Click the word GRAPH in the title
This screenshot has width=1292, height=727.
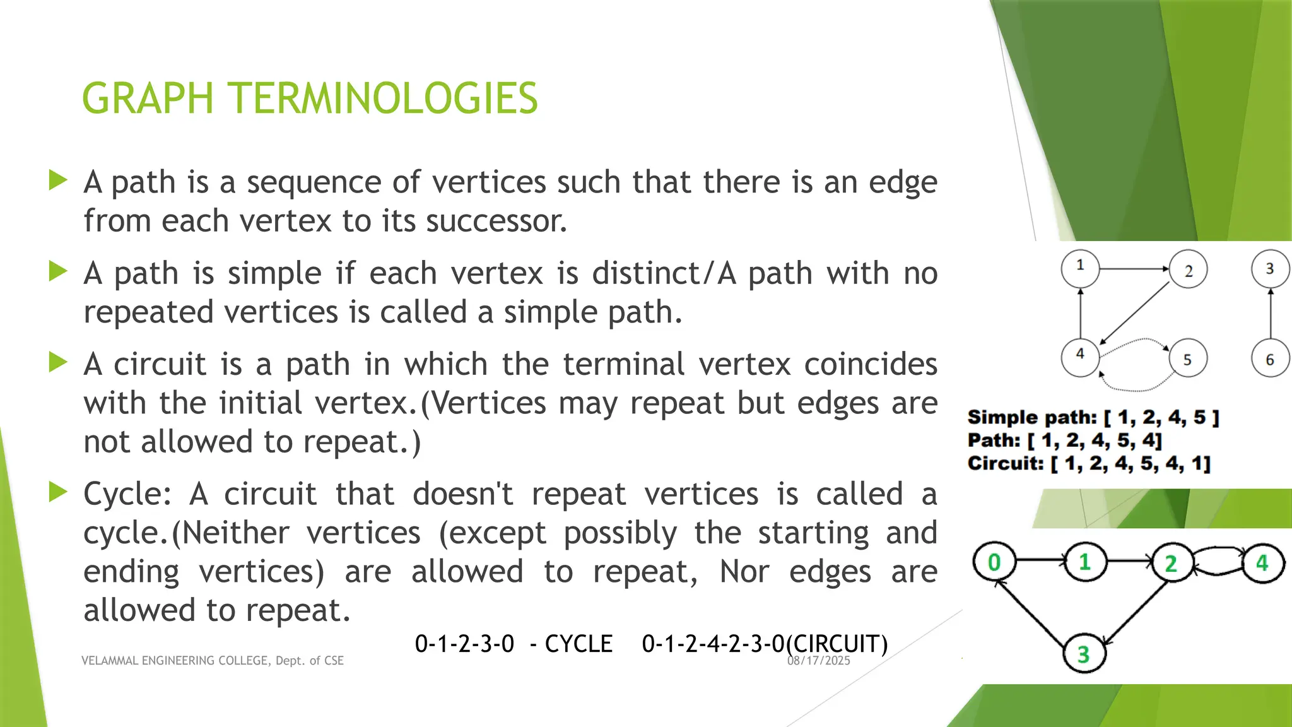(148, 98)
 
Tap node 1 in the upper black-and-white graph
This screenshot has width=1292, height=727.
(1080, 268)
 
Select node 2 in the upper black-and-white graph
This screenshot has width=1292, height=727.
(1188, 269)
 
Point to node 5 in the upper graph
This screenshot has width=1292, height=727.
(1187, 358)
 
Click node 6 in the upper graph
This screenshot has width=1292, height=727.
(1269, 358)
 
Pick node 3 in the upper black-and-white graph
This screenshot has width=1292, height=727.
(1269, 269)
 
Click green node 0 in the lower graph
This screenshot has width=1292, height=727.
(994, 562)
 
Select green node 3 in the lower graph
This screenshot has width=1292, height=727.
(1083, 654)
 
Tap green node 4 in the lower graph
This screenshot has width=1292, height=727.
(1262, 562)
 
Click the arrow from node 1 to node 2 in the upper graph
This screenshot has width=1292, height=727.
(1134, 269)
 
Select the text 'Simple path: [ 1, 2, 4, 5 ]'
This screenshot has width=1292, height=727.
(1093, 417)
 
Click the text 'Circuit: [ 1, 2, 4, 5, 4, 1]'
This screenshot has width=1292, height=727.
(1089, 464)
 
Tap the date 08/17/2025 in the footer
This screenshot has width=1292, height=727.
(819, 661)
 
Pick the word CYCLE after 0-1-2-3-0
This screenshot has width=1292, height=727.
(578, 644)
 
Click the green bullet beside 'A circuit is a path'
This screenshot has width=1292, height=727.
(58, 362)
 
